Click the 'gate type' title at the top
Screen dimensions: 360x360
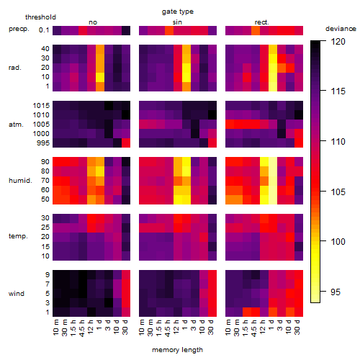178,12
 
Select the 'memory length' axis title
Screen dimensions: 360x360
177,350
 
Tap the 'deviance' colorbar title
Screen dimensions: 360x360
341,29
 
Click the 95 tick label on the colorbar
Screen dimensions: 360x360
336,292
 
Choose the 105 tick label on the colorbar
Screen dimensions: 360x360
338,192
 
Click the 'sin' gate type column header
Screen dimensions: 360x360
177,22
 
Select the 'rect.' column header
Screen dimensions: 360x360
261,22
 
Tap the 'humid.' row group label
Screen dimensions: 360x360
20,181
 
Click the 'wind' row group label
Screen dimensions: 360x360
17,294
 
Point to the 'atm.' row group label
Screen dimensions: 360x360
16,125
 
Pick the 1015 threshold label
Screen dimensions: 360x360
41,106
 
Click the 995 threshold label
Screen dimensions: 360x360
43,143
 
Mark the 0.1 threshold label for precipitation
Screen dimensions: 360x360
44,30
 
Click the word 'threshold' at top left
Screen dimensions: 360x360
40,17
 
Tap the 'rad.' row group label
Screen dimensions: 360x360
15,68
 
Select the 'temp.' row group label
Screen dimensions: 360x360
18,236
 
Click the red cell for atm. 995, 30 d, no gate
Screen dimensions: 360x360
126,143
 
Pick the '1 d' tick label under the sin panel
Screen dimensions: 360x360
184,325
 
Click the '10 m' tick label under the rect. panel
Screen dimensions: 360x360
228,327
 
